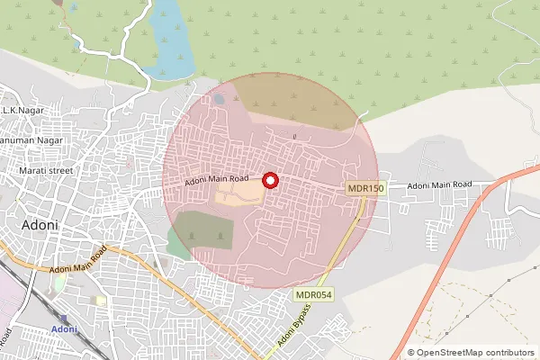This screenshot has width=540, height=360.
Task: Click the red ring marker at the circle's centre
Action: coord(270,181)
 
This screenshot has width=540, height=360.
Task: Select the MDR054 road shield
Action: coord(311,295)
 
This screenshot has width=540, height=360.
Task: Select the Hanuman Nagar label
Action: coord(31,140)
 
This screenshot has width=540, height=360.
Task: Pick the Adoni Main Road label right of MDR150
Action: coord(439,185)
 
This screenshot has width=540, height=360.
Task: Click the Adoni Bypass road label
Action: coord(294,326)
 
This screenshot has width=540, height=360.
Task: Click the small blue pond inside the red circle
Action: coord(219,99)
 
